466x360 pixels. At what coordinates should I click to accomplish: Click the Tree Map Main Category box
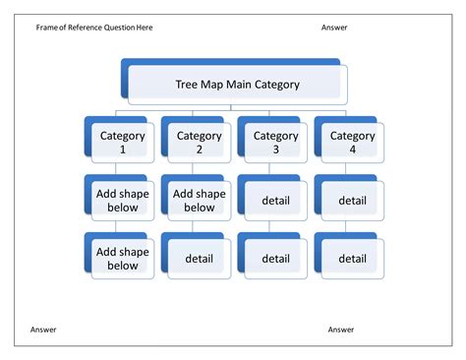point(236,85)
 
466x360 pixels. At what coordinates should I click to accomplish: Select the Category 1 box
point(122,143)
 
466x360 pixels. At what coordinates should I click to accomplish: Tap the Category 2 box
point(199,143)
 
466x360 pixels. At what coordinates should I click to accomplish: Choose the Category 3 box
point(275,143)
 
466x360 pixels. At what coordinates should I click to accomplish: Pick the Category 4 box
point(352,143)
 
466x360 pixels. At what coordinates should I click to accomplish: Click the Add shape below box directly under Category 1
point(122,201)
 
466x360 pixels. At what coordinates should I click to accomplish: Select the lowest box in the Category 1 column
point(122,259)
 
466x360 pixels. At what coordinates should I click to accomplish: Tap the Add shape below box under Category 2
point(199,201)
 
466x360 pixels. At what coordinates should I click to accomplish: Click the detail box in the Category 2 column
point(199,259)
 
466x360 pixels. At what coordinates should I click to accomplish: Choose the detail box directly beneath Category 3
point(275,201)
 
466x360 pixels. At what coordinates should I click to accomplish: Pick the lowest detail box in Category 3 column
point(275,259)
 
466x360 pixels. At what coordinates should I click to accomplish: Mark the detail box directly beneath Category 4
point(352,201)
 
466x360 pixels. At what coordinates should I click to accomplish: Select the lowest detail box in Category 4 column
point(352,259)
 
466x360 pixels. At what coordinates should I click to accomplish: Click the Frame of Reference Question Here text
point(94,28)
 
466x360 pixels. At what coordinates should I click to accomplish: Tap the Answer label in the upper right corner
point(334,28)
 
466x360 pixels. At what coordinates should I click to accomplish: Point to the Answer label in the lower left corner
point(43,330)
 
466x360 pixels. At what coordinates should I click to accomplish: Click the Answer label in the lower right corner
point(341,330)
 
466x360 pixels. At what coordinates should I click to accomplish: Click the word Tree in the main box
point(187,85)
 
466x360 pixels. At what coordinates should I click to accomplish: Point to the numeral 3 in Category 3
point(275,150)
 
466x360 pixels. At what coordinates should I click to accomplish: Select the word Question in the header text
point(108,28)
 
